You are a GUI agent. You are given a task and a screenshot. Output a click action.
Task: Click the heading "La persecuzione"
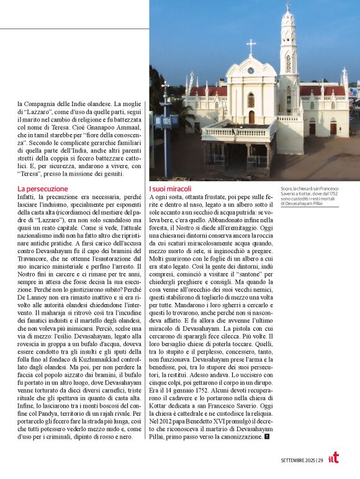[x=42, y=188]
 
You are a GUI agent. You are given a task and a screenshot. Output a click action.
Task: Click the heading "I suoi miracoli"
[x=171, y=188]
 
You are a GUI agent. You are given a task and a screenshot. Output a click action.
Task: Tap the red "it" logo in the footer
[x=333, y=458]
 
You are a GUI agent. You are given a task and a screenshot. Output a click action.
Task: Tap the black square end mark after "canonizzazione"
[x=266, y=437]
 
